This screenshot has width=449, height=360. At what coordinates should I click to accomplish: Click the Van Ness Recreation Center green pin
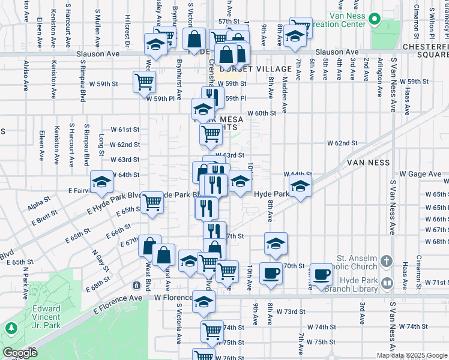coord(375,19)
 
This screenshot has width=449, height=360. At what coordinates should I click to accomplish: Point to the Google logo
coord(20,353)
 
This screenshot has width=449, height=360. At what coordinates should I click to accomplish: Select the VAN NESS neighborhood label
coord(369,163)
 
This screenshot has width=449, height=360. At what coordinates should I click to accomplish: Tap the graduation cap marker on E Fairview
coord(101,182)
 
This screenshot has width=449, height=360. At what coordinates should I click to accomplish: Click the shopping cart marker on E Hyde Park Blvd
coord(152,203)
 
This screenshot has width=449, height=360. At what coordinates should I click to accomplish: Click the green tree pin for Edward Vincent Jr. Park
coord(11,328)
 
